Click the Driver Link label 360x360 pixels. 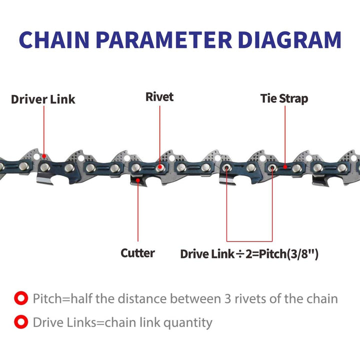click(x=43, y=99)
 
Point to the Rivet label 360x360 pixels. click(x=159, y=96)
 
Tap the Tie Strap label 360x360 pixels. click(x=284, y=98)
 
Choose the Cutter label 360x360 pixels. click(x=137, y=253)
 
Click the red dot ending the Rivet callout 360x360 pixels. click(x=159, y=166)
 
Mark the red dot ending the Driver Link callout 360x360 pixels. click(x=43, y=155)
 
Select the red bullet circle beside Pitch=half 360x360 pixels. click(x=20, y=299)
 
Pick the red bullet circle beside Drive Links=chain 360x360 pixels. click(x=20, y=322)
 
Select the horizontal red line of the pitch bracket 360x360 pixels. click(x=249, y=241)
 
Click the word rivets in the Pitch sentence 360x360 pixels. click(x=250, y=299)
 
